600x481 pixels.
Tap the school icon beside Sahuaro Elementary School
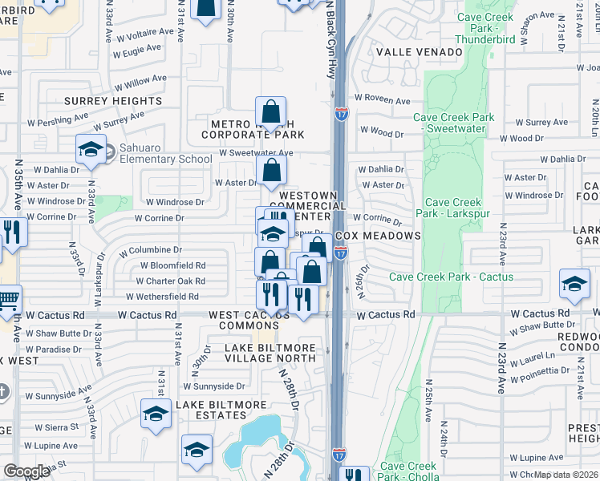coord(91,149)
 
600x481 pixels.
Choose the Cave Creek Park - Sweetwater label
coord(453,123)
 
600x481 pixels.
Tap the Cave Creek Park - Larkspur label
coord(453,208)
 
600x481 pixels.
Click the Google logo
coord(26,471)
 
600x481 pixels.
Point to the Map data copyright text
coord(565,475)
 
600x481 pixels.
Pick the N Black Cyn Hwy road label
coord(329,40)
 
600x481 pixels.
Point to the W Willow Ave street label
coord(140,80)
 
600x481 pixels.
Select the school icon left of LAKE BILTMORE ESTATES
coord(156,413)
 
